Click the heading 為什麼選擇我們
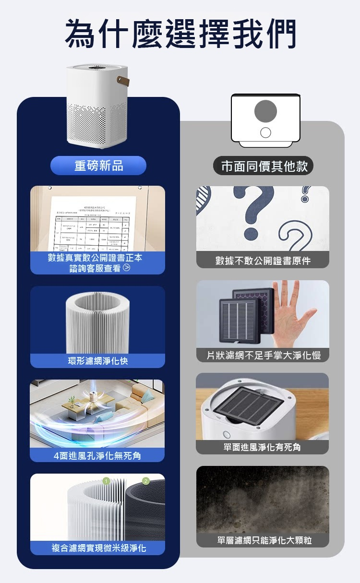coord(180,34)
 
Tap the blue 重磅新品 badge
coord(98,166)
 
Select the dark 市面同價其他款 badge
coord(264,166)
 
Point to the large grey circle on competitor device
coord(265,111)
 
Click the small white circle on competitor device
coord(265,132)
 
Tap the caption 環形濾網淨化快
coord(97,360)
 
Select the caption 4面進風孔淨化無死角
coord(97,455)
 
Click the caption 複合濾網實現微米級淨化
coord(98,547)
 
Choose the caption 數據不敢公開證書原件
coord(263,261)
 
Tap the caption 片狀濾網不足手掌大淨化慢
coord(263,355)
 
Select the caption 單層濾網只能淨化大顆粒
coord(263,540)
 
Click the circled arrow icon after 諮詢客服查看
coord(126,268)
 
